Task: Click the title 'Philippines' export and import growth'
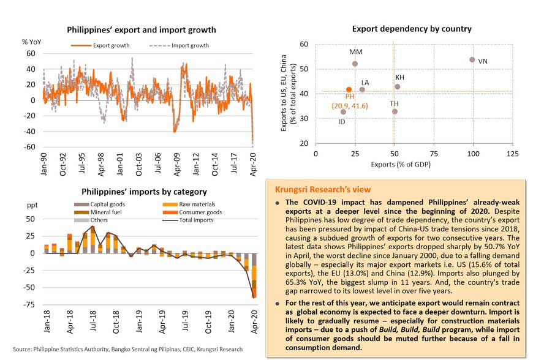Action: pyautogui.click(x=141, y=29)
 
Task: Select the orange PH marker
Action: pyautogui.click(x=349, y=89)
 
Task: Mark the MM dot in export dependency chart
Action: pyautogui.click(x=355, y=64)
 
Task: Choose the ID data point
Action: pyautogui.click(x=343, y=112)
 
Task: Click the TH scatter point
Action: pyautogui.click(x=395, y=111)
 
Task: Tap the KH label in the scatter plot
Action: pyautogui.click(x=399, y=78)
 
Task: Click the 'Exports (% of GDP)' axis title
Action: pyautogui.click(x=399, y=164)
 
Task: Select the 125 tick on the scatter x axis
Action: pyautogui.click(x=512, y=152)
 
